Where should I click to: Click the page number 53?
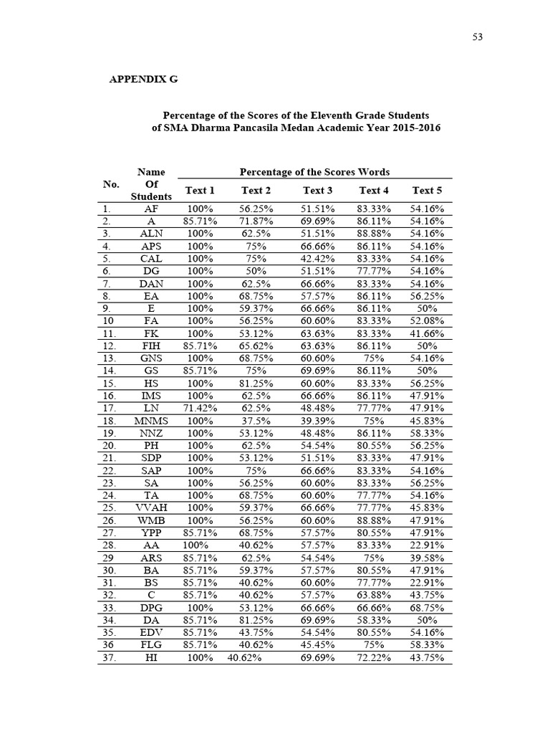[478, 37]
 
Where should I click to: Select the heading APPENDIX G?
[143, 80]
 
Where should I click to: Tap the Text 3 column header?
[318, 190]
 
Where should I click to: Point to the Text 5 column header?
[427, 190]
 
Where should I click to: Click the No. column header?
[111, 184]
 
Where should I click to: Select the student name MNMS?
[151, 421]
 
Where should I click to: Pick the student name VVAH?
[151, 507]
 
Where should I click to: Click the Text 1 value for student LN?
[201, 409]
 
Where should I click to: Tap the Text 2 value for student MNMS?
[256, 421]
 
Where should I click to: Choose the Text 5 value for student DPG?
[427, 607]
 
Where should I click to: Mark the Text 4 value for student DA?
[374, 620]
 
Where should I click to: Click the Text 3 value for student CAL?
[318, 259]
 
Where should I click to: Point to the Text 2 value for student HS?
[256, 383]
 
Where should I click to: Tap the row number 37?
[109, 657]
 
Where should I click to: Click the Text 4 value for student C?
[374, 595]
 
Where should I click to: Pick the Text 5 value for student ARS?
[427, 558]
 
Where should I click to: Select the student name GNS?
[151, 358]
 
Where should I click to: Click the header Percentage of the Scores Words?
[314, 172]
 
